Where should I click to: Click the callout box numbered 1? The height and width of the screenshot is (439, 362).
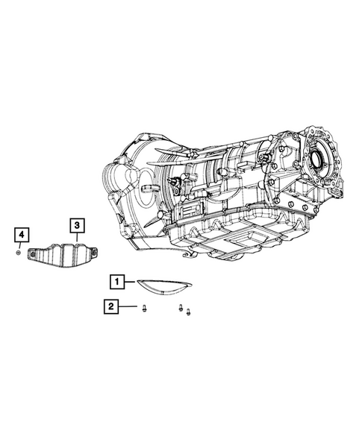coord(117,282)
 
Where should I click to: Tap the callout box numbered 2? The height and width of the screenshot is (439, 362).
coord(111,306)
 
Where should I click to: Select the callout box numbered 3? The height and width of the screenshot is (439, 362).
coord(77,225)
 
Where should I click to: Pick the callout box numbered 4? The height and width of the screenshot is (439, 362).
coord(22,235)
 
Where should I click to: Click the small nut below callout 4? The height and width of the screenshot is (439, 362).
coord(18,253)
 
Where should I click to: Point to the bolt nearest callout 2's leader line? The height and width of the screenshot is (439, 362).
coord(144,309)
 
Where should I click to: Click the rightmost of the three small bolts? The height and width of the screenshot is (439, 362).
coord(188,312)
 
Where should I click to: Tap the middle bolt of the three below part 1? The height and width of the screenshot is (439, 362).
coord(181,308)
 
